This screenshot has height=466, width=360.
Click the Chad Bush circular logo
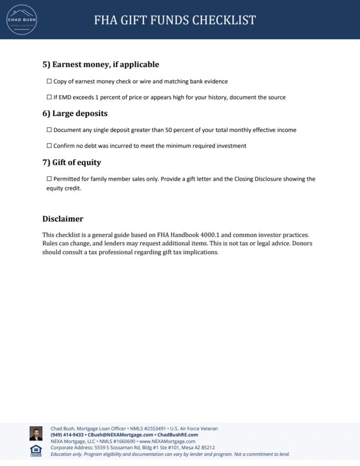click(x=21, y=20)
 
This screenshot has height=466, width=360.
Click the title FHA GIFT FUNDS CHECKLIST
click(x=175, y=20)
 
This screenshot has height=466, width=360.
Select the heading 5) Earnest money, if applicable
click(x=101, y=65)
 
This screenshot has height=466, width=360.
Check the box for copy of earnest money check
click(x=49, y=81)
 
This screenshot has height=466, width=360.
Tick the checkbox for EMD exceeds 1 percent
click(x=49, y=97)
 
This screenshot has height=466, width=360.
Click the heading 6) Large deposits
click(x=75, y=113)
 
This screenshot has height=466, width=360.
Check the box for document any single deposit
click(x=49, y=130)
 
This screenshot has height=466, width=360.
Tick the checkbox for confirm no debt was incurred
click(x=49, y=146)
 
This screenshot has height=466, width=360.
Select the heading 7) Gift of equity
click(x=71, y=162)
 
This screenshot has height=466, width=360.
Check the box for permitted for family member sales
click(x=49, y=179)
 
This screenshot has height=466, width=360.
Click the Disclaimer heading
click(x=63, y=219)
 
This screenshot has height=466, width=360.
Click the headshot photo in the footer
click(x=36, y=433)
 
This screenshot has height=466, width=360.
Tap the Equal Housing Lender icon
click(x=36, y=451)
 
